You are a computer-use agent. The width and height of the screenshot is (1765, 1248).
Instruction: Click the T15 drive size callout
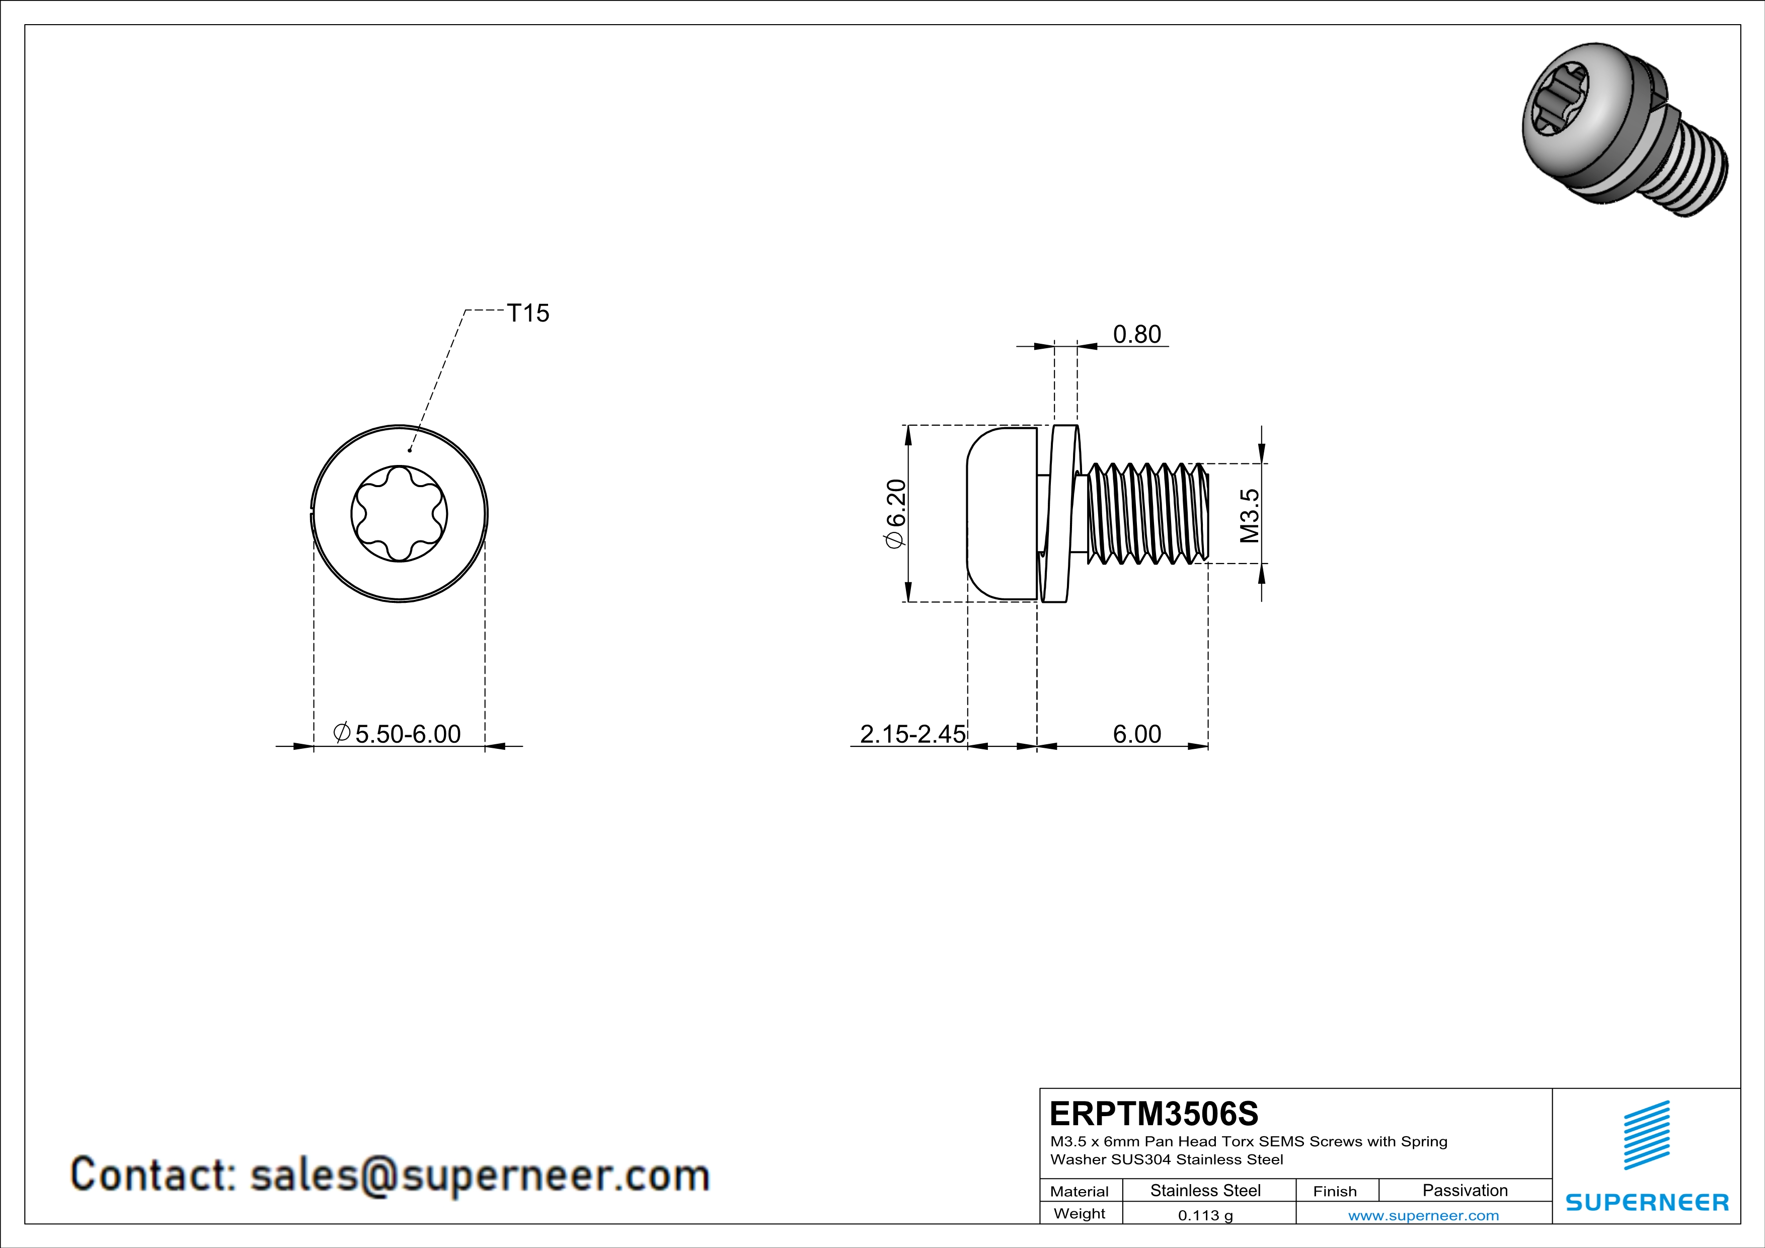528,313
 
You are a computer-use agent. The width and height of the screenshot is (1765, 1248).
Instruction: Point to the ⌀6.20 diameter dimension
896,513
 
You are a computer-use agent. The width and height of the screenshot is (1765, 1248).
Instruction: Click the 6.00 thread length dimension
1136,734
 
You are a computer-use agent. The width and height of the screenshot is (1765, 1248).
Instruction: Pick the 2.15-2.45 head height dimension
912,734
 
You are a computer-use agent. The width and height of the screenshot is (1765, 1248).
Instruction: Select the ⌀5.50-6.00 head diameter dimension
398,734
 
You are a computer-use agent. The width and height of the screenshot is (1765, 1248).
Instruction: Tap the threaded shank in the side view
1145,513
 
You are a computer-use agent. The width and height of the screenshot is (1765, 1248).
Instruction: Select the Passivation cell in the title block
1465,1190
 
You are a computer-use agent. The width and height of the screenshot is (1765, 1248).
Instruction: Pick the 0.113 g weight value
1205,1215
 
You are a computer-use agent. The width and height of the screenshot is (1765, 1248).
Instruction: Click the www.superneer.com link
1423,1215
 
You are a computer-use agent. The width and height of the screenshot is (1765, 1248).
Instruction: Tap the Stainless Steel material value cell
1205,1190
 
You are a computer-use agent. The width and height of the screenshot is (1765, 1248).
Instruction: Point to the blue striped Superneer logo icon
1647,1135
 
